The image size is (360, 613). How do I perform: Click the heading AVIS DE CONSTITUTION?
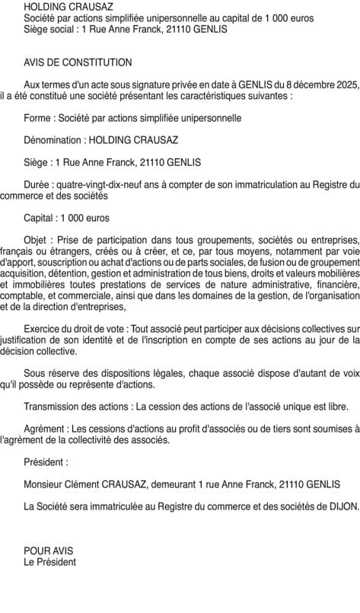pyautogui.click(x=78, y=62)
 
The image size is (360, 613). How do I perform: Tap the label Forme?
pyautogui.click(x=39, y=118)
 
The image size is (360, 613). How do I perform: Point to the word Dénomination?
pyautogui.click(x=54, y=140)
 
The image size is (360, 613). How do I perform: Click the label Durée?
pyautogui.click(x=38, y=184)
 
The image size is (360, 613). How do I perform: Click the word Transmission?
pyautogui.click(x=53, y=406)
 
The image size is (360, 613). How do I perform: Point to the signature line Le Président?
pyautogui.click(x=50, y=562)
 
